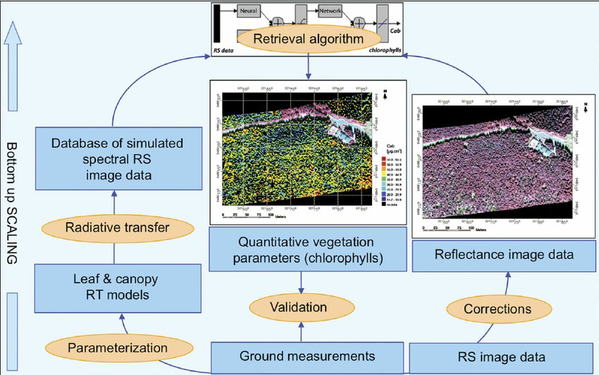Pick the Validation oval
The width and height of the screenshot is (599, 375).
301,307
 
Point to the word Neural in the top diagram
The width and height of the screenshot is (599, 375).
247,12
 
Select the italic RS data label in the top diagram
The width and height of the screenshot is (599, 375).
226,51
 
